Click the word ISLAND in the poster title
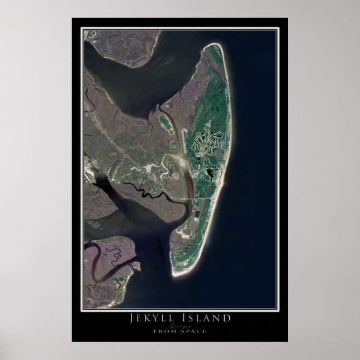click(x=205, y=318)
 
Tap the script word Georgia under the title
click(x=180, y=325)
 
